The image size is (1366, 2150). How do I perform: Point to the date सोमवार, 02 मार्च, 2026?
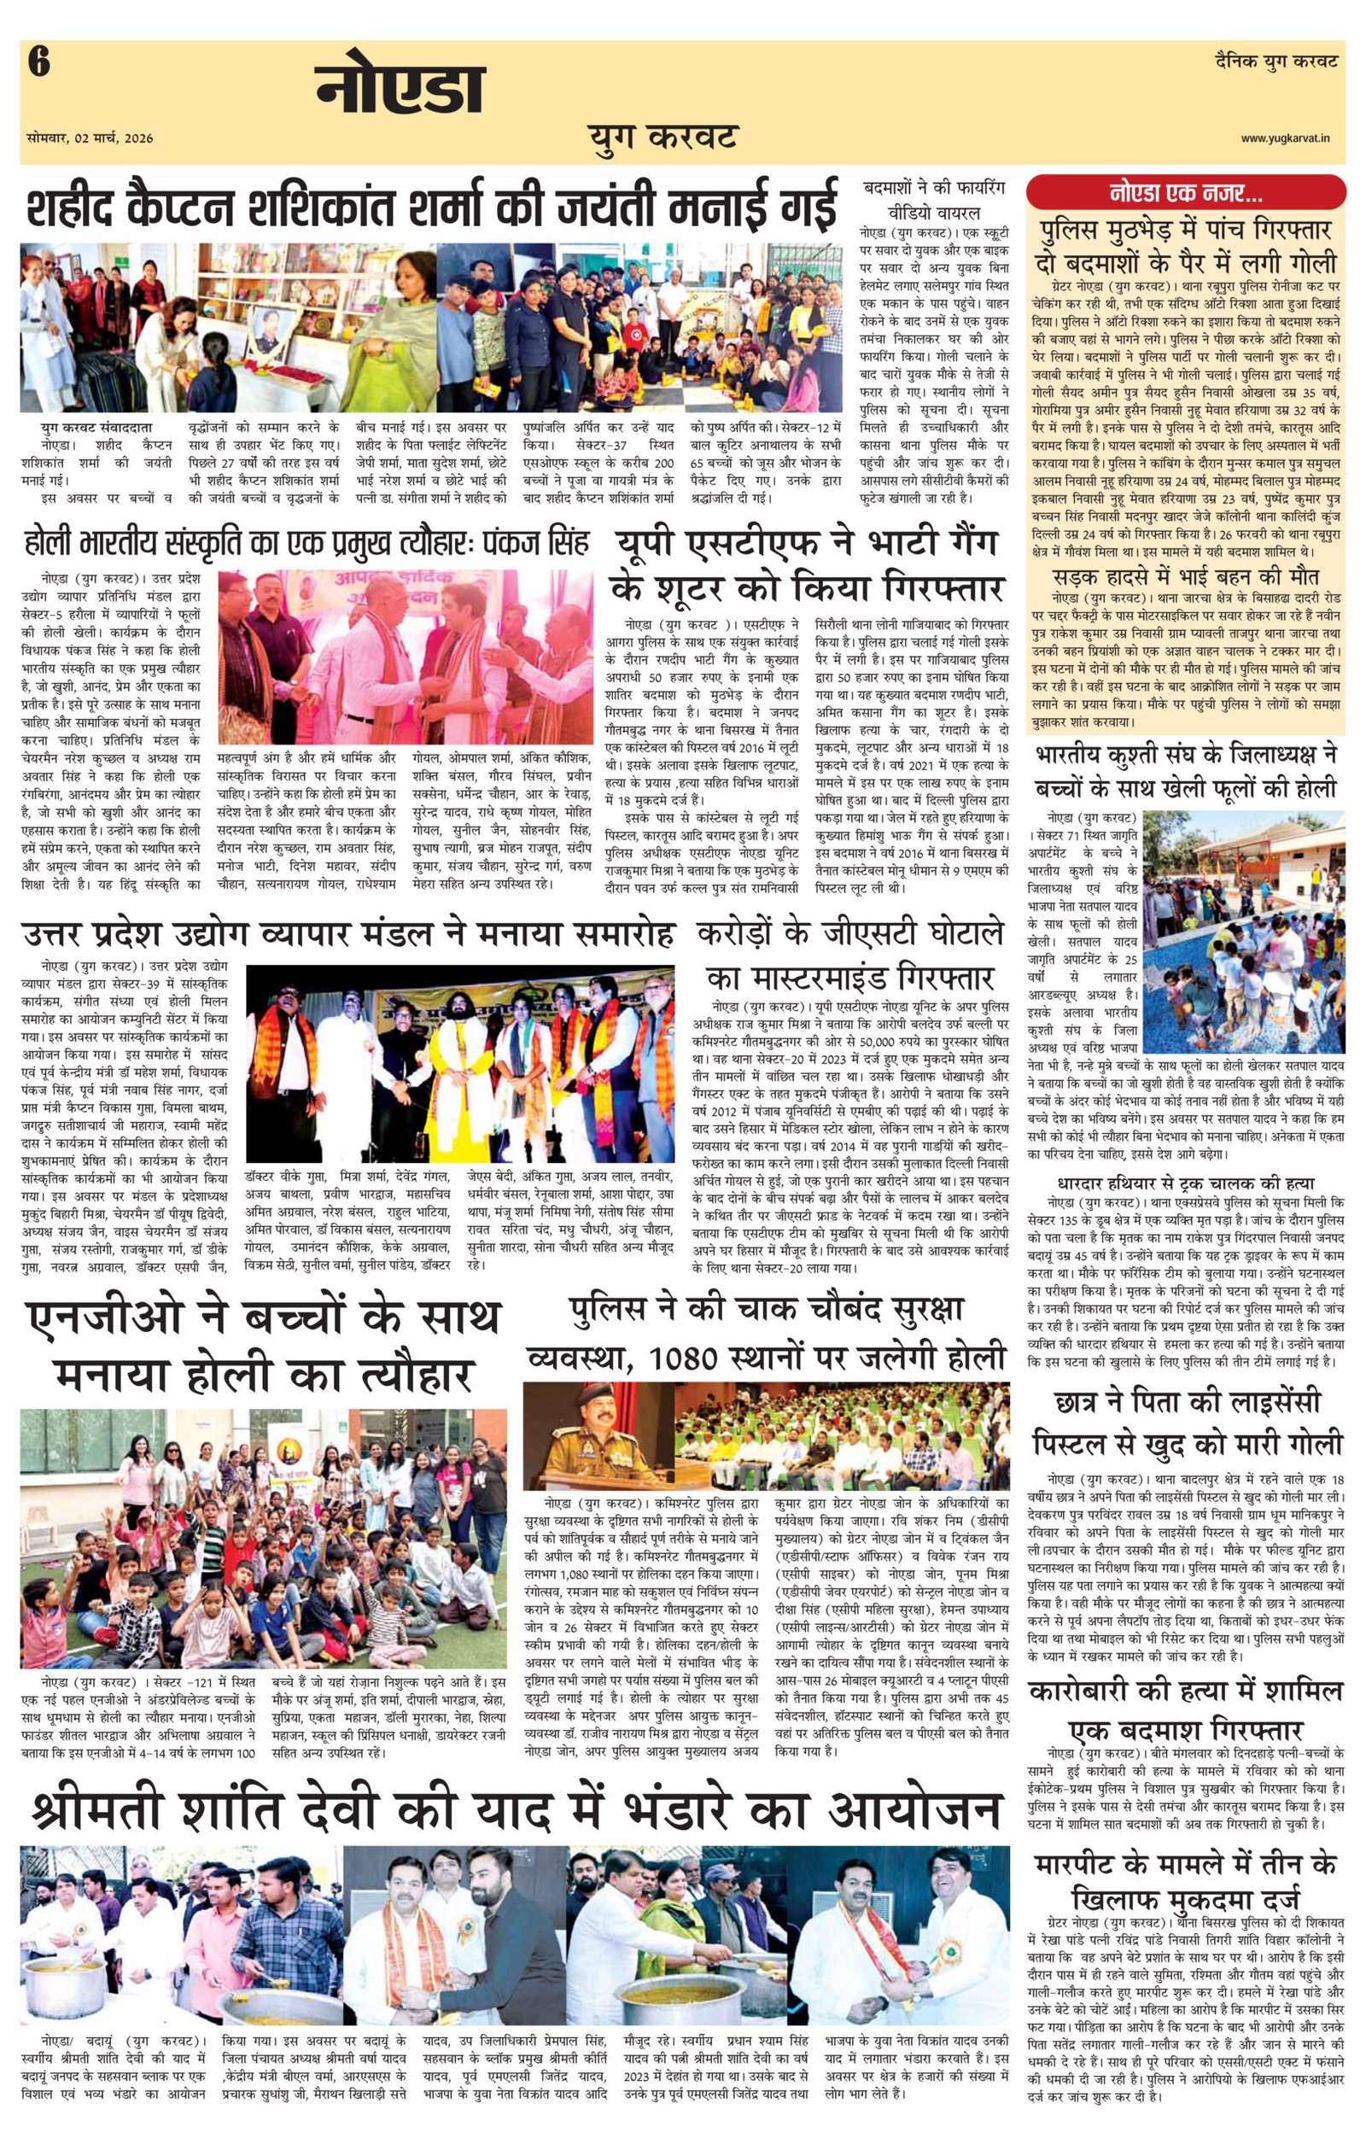pos(90,138)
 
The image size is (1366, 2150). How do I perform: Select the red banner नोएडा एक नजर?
pos(1186,191)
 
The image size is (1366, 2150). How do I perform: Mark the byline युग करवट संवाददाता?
pos(96,428)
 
